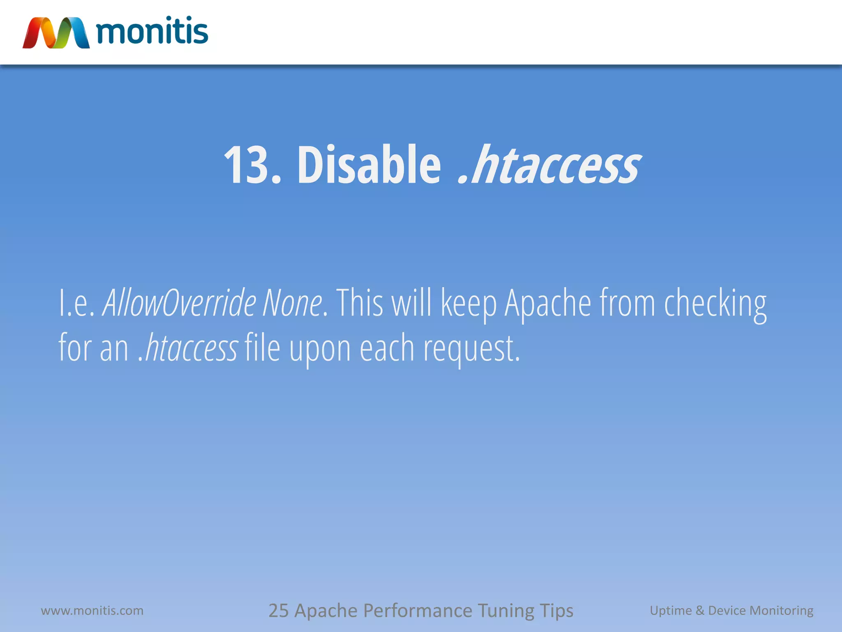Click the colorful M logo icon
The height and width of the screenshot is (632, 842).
(x=56, y=33)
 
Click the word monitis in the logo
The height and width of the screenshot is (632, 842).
(x=152, y=31)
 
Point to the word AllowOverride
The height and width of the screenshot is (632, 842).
(x=179, y=303)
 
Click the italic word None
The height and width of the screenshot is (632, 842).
(x=292, y=303)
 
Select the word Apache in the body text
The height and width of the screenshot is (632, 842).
(x=548, y=304)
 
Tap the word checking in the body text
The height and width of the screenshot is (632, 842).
(x=715, y=304)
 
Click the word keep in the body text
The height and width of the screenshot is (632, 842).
(x=468, y=304)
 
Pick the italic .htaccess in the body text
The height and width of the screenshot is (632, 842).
(x=188, y=348)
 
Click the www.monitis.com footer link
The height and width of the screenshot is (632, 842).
(x=92, y=611)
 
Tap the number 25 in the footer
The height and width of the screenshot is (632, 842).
(x=278, y=611)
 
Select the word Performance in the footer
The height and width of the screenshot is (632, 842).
(x=418, y=611)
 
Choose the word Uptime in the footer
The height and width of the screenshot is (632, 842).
(x=671, y=611)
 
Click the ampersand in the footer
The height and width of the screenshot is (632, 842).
(x=700, y=611)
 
